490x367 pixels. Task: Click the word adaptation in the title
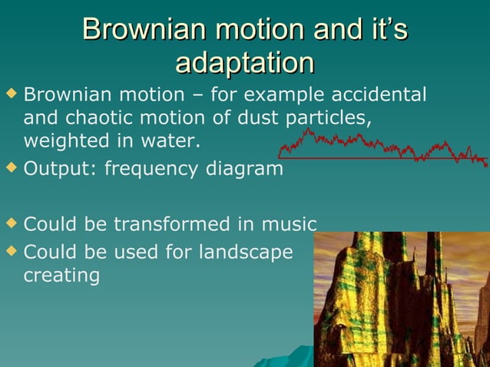click(244, 63)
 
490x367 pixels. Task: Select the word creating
click(61, 275)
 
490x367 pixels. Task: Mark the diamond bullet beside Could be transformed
click(11, 222)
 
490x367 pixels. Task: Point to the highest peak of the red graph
click(309, 130)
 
